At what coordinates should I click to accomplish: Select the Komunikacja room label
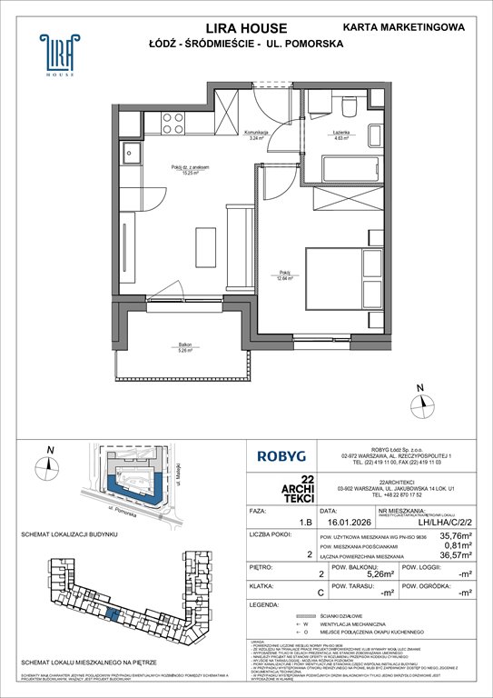[262, 135]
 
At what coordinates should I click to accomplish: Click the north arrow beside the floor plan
[419, 401]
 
